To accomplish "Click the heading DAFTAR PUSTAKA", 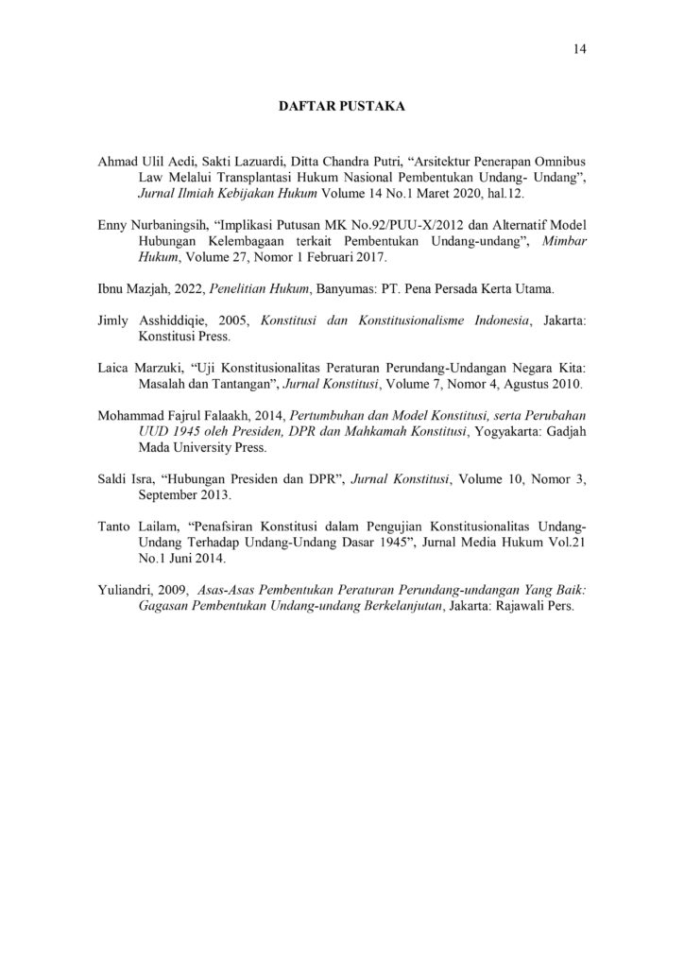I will [x=341, y=109].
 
